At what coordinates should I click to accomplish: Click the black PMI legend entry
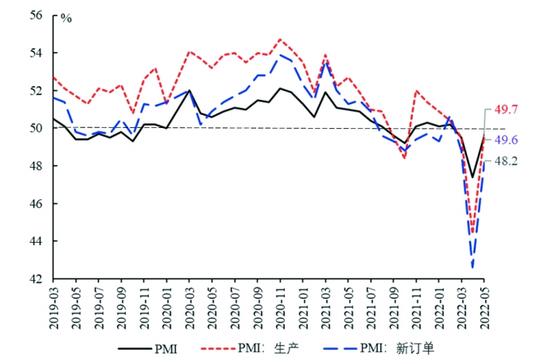pos(147,346)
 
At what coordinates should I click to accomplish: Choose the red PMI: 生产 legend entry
pos(244,346)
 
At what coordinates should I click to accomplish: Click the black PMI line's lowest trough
pos(472,178)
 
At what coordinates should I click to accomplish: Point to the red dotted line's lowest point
pos(472,233)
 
